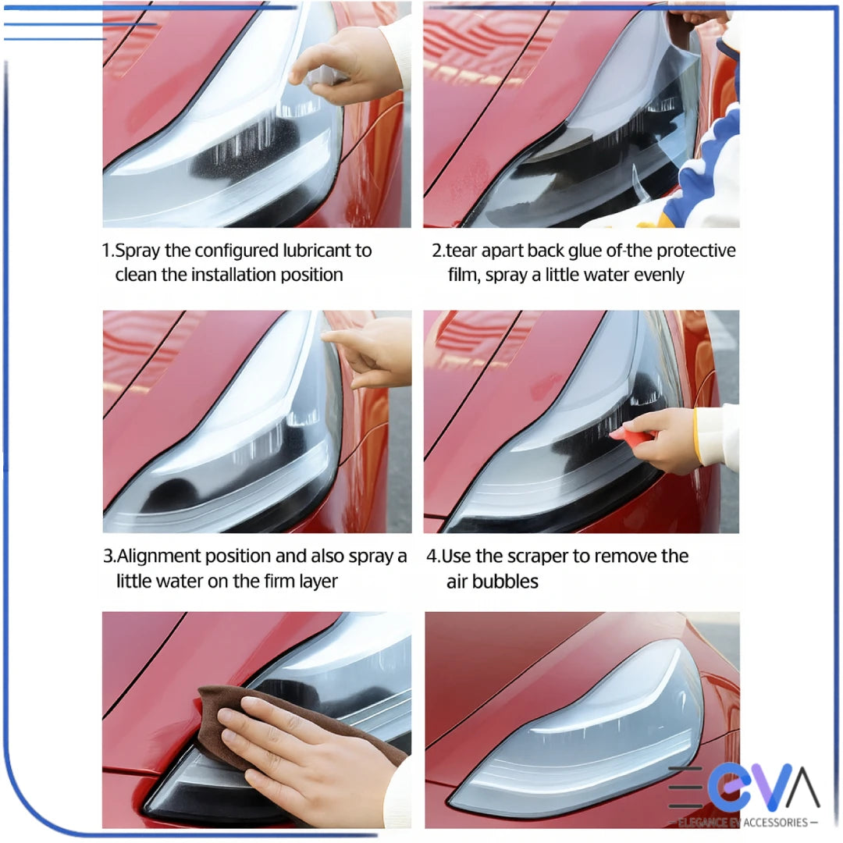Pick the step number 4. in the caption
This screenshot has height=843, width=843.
pos(433,557)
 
